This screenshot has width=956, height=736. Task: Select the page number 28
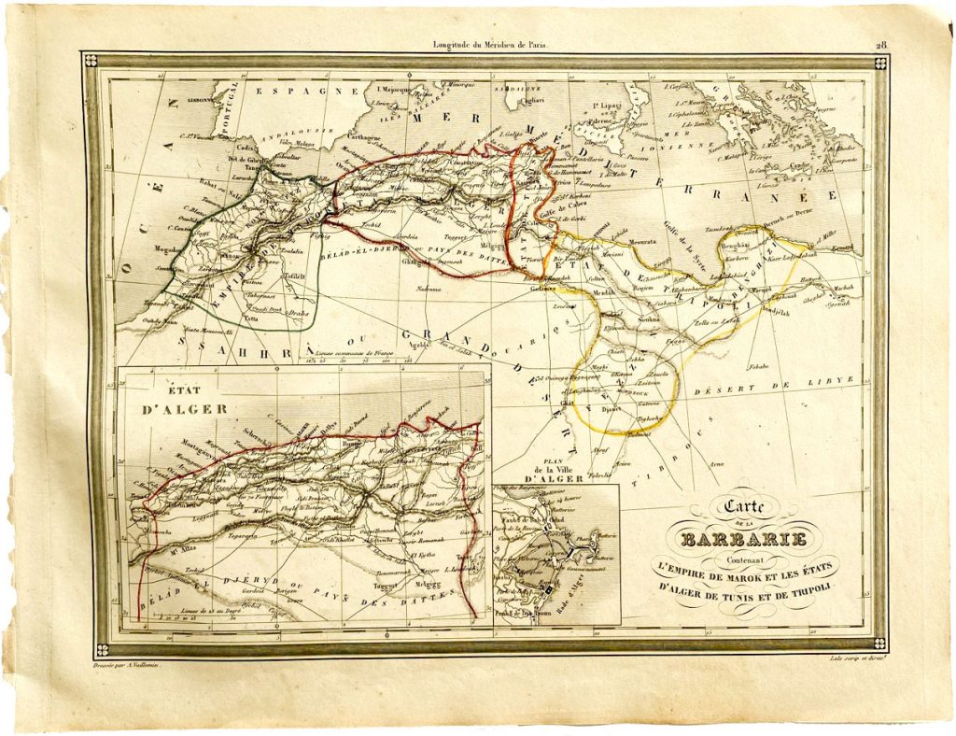tap(880, 44)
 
